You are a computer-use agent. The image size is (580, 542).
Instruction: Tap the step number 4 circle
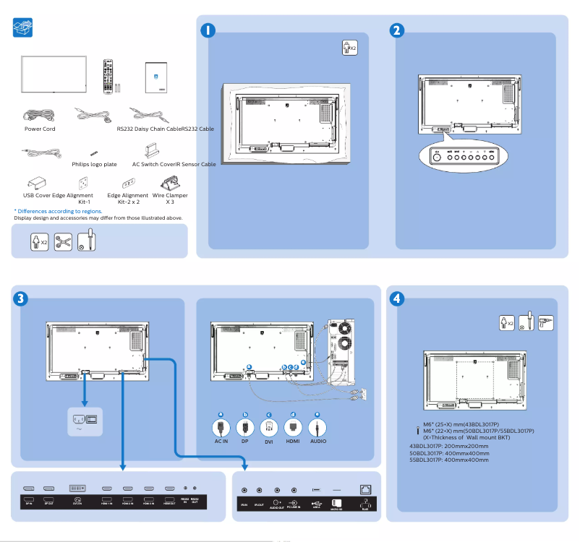click(396, 297)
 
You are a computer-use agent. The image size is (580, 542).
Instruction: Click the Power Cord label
click(40, 129)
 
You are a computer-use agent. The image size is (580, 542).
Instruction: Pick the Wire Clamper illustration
click(170, 181)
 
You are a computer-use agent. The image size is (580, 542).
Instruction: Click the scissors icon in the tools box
click(63, 241)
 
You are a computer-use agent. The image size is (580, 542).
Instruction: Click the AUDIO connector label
click(317, 440)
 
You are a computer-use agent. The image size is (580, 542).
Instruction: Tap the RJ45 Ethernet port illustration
click(365, 489)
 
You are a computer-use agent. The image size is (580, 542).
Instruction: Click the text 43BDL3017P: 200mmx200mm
click(448, 446)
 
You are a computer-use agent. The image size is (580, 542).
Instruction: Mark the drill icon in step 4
click(545, 322)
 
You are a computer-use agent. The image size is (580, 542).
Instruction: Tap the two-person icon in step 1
click(349, 48)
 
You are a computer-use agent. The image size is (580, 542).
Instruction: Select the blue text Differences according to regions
click(58, 211)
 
